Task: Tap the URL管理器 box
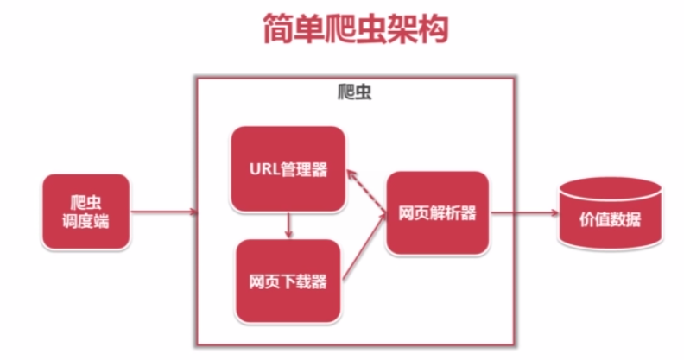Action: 288,168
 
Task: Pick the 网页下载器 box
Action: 288,281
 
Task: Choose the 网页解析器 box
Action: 438,212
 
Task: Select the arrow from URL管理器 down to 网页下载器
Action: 288,225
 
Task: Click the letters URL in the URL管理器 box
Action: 263,169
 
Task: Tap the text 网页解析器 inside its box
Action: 438,213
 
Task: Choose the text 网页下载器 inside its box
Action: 288,281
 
